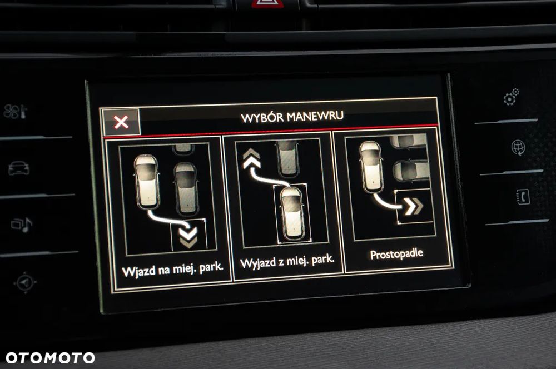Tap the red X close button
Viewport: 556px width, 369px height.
(x=121, y=122)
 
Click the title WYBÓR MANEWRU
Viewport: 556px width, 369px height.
(x=292, y=117)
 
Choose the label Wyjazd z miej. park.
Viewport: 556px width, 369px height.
(x=287, y=261)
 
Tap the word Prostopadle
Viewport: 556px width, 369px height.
(x=396, y=254)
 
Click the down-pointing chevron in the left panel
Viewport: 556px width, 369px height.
(x=188, y=237)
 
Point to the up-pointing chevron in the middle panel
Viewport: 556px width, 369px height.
(x=252, y=158)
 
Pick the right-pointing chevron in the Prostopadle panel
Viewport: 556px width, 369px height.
(x=414, y=206)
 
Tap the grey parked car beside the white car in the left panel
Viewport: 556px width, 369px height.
(x=186, y=188)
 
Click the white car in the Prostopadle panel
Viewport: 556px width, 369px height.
(x=371, y=166)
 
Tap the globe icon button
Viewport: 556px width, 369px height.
(x=518, y=147)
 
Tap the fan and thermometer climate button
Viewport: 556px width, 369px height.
(x=15, y=112)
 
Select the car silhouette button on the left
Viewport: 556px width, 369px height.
(x=19, y=168)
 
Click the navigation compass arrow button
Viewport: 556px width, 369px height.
(x=25, y=282)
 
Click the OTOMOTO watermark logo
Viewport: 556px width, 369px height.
(x=50, y=358)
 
